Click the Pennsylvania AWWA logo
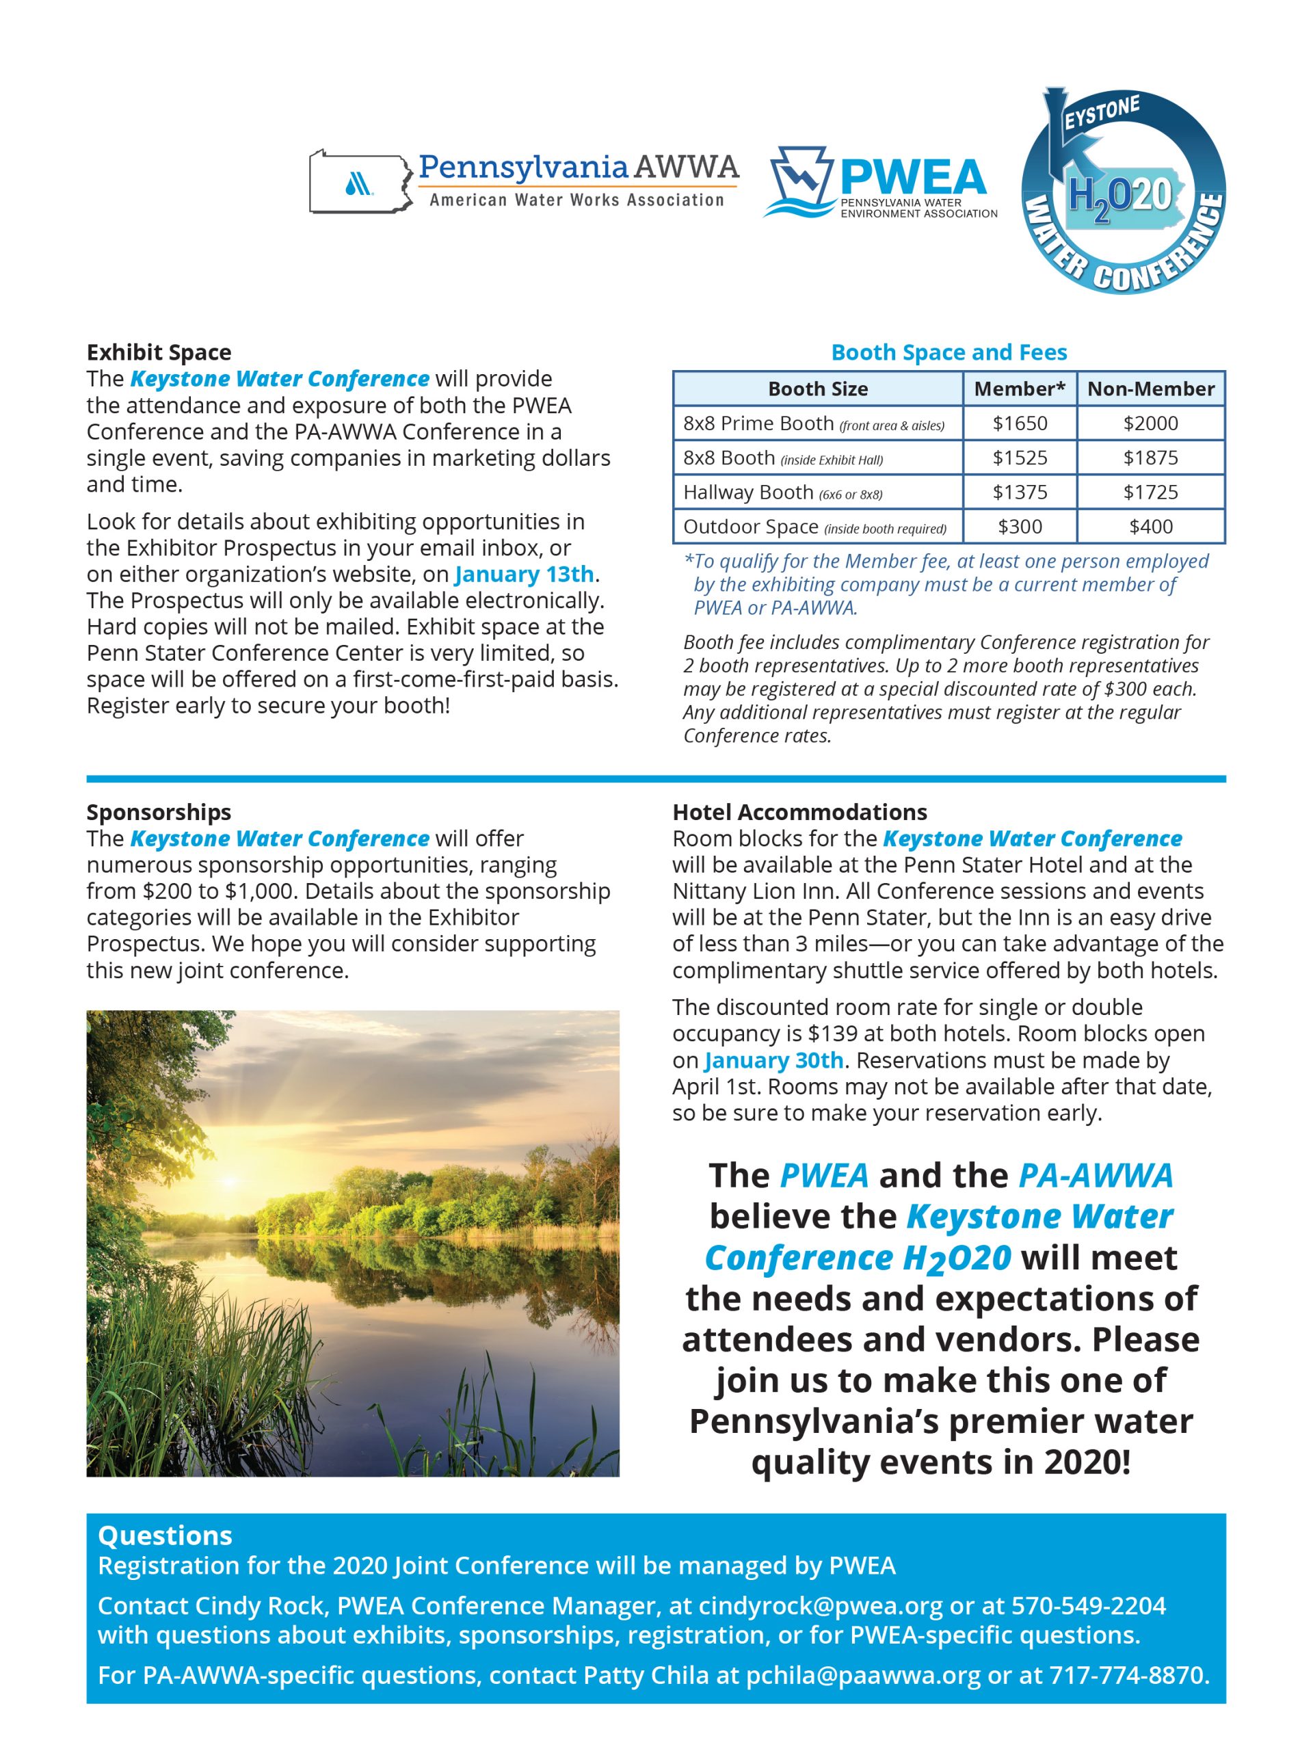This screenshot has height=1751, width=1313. tap(523, 181)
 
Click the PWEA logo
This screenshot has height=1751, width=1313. tap(880, 183)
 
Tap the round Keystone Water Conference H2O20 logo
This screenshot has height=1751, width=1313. tap(1123, 192)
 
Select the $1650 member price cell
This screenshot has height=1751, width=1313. tap(1020, 423)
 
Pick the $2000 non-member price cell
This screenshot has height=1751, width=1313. tap(1150, 423)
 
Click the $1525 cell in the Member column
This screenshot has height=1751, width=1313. tap(1020, 458)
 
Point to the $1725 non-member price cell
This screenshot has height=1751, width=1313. tap(1150, 492)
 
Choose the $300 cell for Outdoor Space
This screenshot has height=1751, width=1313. tap(1020, 527)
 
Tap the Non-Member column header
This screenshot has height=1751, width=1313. tap(1150, 389)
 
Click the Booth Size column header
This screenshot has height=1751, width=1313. tap(818, 389)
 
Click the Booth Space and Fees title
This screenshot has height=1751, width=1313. tap(948, 352)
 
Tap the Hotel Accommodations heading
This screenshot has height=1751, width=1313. tap(799, 812)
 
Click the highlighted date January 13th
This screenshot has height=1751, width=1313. tap(524, 574)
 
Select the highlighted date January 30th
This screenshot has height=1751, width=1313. tap(773, 1060)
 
